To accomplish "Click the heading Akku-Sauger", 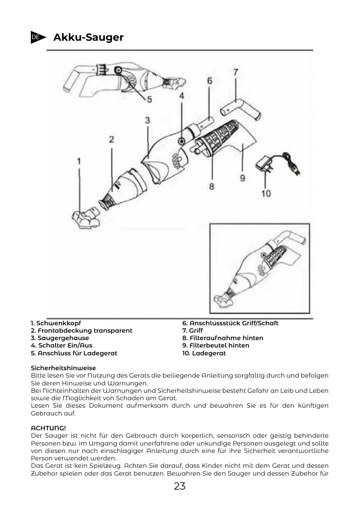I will click(x=88, y=37).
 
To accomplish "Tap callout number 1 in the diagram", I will click(x=79, y=161).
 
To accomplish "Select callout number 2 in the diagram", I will click(x=111, y=139).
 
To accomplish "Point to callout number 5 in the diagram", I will click(x=149, y=99).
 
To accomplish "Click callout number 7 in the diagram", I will click(x=235, y=72).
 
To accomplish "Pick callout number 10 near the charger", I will click(x=266, y=193).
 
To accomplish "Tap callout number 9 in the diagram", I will click(x=243, y=177).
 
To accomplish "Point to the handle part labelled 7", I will click(x=241, y=108).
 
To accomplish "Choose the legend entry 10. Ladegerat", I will click(x=204, y=353).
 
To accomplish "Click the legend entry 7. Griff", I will click(x=193, y=331).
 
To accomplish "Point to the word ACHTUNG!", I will click(x=48, y=428).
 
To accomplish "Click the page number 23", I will click(x=180, y=486).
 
